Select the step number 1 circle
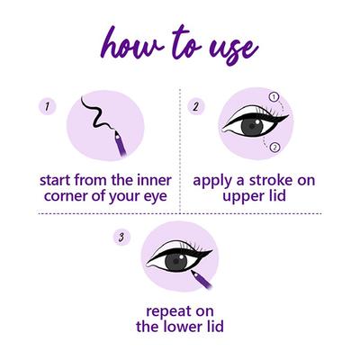click(x=44, y=106)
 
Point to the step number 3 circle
click(x=120, y=238)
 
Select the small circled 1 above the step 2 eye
click(x=274, y=95)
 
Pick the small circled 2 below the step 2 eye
click(x=274, y=146)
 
